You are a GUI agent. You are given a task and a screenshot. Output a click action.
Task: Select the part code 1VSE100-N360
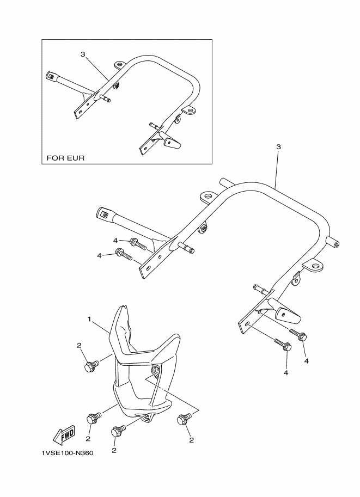pyautogui.click(x=66, y=453)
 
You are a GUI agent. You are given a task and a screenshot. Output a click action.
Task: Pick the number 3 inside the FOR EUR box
pyautogui.click(x=82, y=54)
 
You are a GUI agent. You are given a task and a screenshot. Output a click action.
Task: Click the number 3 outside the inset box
pyautogui.click(x=278, y=148)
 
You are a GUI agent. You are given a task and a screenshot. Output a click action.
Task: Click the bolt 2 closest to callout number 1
pyautogui.click(x=90, y=367)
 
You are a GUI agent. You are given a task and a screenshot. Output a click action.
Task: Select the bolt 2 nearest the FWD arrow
pyautogui.click(x=94, y=418)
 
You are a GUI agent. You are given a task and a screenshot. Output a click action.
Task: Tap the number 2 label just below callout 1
pyautogui.click(x=79, y=345)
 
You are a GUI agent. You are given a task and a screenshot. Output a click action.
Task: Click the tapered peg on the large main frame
pyautogui.click(x=288, y=314)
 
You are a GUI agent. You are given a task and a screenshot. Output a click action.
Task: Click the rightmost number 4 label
pyautogui.click(x=306, y=360)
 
